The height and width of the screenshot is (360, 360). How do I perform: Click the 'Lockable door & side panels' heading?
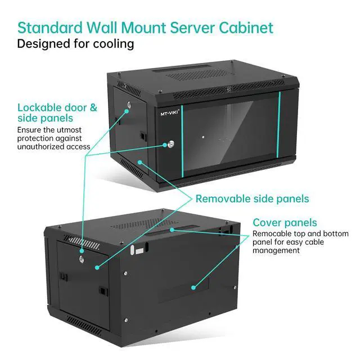pos(57,112)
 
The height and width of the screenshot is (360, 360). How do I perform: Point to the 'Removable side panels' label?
pos(252,199)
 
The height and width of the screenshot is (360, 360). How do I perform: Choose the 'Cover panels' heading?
pos(285,222)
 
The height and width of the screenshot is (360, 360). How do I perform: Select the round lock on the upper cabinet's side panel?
pos(128,105)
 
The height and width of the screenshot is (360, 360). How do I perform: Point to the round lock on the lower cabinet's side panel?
pos(82,258)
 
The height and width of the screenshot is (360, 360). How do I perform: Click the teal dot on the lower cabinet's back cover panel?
pos(193,287)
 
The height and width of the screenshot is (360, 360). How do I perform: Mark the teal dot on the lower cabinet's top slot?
pos(173,229)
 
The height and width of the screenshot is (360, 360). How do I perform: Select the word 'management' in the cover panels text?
pos(276,250)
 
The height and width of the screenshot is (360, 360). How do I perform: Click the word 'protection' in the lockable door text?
pos(39,138)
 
